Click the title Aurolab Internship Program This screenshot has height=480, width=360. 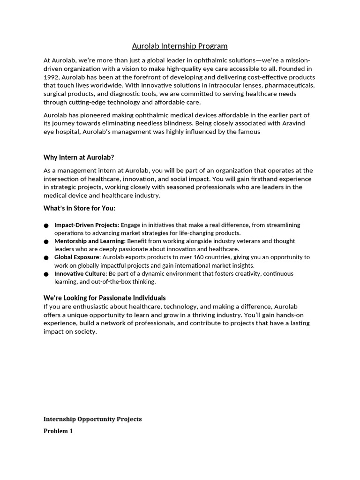pyautogui.click(x=180, y=46)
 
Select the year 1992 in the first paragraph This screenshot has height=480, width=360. pyautogui.click(x=52, y=77)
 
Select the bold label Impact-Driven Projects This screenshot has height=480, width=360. pyautogui.click(x=86, y=225)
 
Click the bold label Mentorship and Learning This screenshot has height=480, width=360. pyautogui.click(x=89, y=241)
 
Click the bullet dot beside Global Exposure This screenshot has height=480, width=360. pyautogui.click(x=46, y=258)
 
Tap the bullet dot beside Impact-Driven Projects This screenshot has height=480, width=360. pyautogui.click(x=46, y=225)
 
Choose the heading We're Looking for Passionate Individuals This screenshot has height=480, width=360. pyautogui.click(x=105, y=298)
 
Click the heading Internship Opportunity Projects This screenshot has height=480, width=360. pyautogui.click(x=92, y=419)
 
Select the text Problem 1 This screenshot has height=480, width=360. pyautogui.click(x=58, y=431)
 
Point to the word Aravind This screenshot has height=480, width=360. pyautogui.click(x=297, y=123)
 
